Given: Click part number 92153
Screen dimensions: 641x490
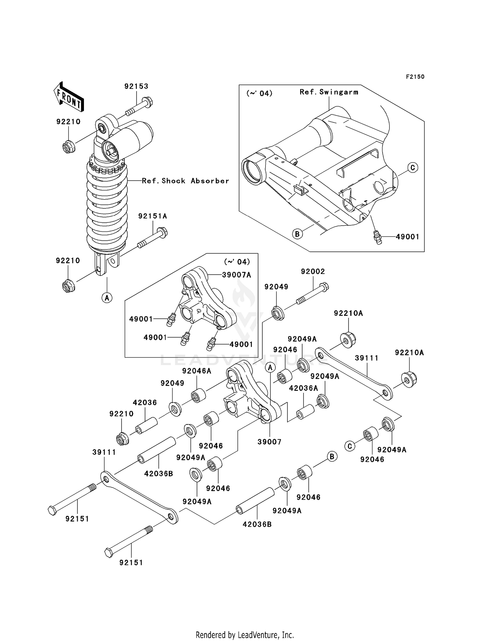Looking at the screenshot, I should (x=136, y=87).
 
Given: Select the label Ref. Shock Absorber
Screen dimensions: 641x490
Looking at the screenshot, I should (x=186, y=181).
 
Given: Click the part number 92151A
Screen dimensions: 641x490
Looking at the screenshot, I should (x=153, y=216).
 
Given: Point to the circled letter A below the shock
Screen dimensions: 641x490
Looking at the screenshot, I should (x=107, y=297).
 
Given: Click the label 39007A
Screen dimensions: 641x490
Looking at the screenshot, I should (x=237, y=275).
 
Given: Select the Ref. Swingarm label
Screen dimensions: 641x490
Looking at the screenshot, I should (x=329, y=92).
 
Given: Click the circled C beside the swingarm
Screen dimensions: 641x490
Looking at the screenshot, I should (x=413, y=168).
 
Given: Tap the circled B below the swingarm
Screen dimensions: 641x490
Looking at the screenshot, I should (x=297, y=234).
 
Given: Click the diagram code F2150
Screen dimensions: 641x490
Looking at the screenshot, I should (x=415, y=77).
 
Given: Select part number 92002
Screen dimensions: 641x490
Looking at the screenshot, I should (x=313, y=271).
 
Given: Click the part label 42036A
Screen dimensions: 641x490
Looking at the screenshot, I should (x=303, y=388).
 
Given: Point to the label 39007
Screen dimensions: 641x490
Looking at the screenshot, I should (x=269, y=442).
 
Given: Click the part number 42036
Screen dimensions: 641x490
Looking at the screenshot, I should (x=145, y=403).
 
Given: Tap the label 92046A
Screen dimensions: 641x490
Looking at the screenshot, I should (x=197, y=371).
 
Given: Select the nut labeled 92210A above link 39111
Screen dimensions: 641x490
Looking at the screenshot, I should (x=348, y=340).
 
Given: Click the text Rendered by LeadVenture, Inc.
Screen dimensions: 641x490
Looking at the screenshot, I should (x=245, y=635).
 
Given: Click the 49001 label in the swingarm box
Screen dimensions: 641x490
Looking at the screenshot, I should (x=407, y=237).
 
